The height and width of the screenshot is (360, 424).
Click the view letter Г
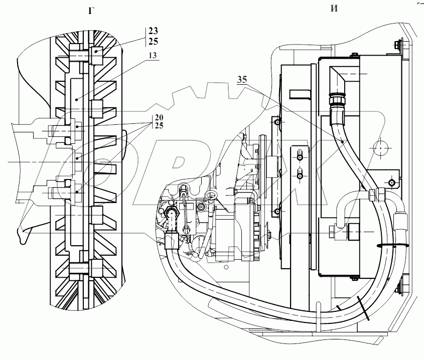click(x=90, y=11)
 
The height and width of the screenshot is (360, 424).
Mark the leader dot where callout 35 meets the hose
click(x=342, y=142)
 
